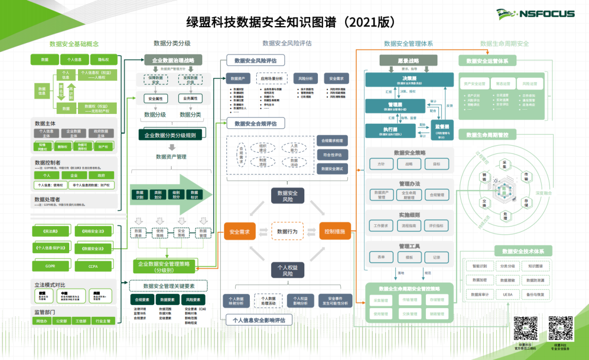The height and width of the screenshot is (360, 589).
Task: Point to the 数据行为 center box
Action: tap(287, 231)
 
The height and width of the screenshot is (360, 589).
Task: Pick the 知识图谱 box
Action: tap(535, 266)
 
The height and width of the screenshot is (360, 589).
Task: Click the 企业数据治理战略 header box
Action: tap(173, 60)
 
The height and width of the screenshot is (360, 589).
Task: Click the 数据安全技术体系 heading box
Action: tap(522, 251)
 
